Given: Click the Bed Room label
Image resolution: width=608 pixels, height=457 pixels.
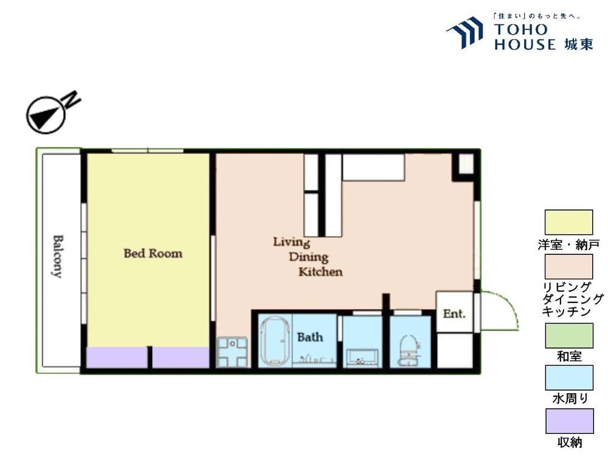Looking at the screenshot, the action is point(153,253).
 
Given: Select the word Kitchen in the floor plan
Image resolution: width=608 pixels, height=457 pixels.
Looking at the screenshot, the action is point(320,271).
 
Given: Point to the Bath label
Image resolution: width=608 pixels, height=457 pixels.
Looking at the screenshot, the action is point(310,337).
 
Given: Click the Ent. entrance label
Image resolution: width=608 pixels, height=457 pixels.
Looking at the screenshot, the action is point(454,313).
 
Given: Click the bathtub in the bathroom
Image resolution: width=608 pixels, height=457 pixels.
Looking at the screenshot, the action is point(275,341).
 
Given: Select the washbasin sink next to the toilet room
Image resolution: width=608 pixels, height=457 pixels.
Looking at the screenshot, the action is point(362,357).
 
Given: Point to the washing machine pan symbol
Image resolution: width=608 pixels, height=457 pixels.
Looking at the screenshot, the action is point(232,352).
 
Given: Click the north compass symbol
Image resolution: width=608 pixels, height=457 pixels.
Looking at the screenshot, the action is point(46,115).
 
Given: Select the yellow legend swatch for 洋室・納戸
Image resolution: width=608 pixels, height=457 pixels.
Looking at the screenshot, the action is point(569,222).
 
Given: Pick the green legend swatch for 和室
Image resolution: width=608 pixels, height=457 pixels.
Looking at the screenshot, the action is point(569,335).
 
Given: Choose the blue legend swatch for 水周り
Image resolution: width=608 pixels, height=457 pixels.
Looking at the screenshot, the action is point(569,377).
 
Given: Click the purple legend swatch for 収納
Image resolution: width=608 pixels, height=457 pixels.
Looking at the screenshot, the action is point(569,421).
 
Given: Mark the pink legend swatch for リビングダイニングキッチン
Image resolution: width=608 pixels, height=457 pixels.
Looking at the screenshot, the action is point(569,267).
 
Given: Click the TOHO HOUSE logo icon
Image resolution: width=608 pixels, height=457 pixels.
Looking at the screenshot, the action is point(465,32).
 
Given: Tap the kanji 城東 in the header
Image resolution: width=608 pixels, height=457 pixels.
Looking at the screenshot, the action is point(579,44).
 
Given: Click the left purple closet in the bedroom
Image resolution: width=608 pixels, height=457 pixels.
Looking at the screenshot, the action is point(116,357).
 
